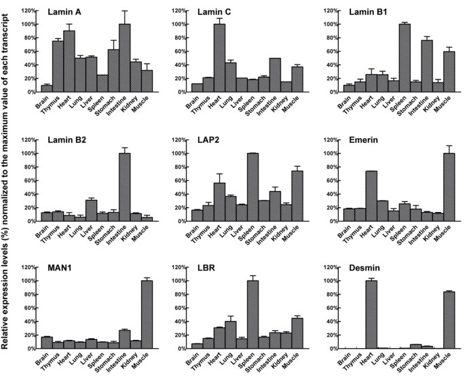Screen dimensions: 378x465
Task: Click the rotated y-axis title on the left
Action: tap(7, 189)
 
